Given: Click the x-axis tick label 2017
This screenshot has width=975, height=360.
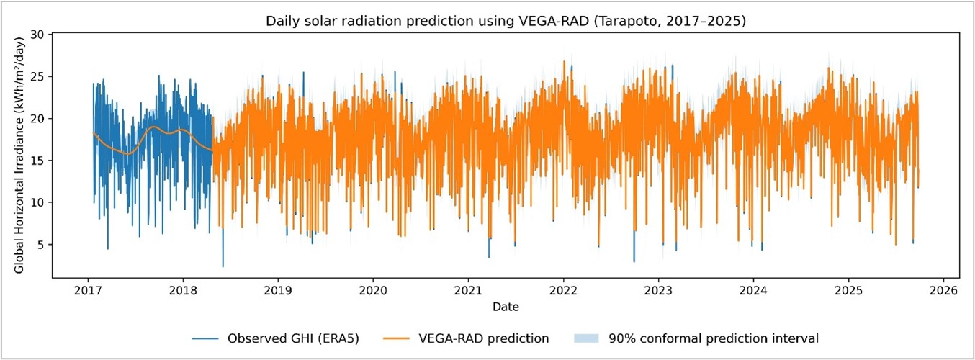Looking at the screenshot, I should pyautogui.click(x=87, y=292).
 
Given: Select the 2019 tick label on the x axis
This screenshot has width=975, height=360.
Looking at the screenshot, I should pyautogui.click(x=278, y=292).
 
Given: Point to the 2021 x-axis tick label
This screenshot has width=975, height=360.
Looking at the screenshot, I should pyautogui.click(x=468, y=292).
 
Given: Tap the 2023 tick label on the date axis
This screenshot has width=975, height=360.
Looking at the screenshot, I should pyautogui.click(x=658, y=292).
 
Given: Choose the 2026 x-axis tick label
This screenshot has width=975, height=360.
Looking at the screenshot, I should pyautogui.click(x=943, y=292).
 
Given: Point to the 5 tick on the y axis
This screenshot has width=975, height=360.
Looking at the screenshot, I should pyautogui.click(x=42, y=245).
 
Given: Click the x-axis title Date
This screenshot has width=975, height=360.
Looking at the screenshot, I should pyautogui.click(x=506, y=307).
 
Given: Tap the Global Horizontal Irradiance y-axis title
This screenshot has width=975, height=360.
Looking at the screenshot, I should pyautogui.click(x=20, y=155).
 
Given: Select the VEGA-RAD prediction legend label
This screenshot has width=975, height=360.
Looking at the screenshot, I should pyautogui.click(x=477, y=338).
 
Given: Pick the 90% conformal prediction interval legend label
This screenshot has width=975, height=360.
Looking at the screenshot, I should pyautogui.click(x=713, y=338).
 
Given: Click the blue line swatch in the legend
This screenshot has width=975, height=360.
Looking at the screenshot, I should pyautogui.click(x=206, y=338).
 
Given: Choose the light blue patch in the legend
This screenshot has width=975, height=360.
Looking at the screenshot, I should pyautogui.click(x=587, y=338).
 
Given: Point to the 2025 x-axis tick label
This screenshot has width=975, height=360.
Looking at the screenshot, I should pyautogui.click(x=848, y=292).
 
